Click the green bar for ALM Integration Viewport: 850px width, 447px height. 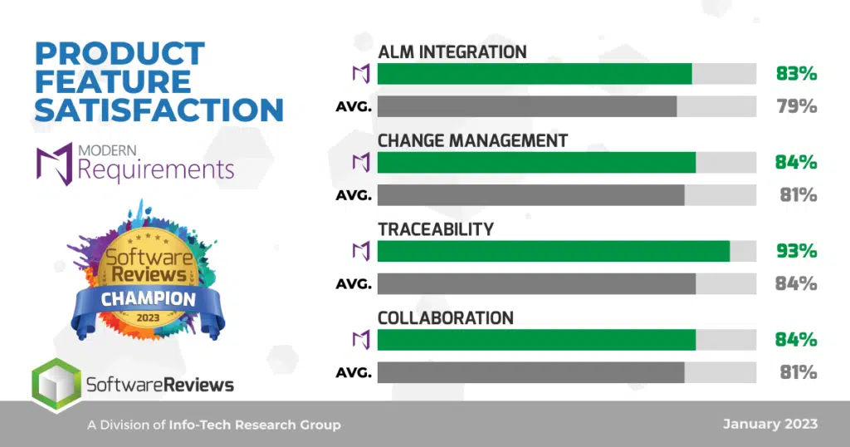[535, 74]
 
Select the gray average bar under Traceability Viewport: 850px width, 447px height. [537, 283]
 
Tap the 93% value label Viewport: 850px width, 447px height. [796, 251]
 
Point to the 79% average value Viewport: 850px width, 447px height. [796, 106]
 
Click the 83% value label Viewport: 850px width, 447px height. [796, 73]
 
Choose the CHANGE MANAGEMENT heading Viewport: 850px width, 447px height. [472, 140]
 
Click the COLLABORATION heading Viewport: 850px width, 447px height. [446, 318]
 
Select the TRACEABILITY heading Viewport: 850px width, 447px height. [436, 229]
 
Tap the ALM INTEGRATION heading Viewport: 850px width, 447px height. [452, 52]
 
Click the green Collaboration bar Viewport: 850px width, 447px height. [537, 340]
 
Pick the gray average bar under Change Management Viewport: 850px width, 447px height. [530, 195]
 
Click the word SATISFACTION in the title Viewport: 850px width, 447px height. [159, 110]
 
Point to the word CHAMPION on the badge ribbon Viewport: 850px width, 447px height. [148, 298]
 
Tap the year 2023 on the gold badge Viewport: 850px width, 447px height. [148, 318]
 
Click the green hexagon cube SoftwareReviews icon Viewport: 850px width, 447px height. [56, 385]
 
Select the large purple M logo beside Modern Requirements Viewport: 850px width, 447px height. [54, 164]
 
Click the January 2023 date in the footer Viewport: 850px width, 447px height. [770, 425]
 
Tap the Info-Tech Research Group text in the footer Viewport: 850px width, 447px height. [255, 425]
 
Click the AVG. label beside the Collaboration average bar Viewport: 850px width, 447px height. [354, 373]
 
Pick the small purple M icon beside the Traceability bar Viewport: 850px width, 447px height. [361, 251]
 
